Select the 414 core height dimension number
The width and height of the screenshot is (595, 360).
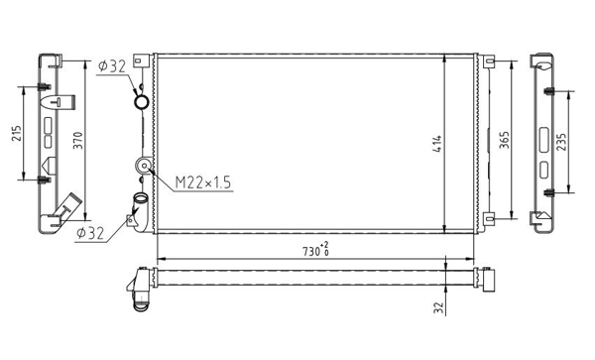click(437, 144)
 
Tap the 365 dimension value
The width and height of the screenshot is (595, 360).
click(505, 140)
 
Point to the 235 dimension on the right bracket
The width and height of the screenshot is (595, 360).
click(561, 142)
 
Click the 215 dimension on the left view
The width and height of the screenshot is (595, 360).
click(16, 133)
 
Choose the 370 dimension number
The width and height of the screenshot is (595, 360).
click(77, 140)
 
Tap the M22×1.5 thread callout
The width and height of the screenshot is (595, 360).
click(203, 182)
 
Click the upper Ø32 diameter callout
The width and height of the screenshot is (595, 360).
click(111, 66)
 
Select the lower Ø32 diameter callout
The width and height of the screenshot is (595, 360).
click(90, 233)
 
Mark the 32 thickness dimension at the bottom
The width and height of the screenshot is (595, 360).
click(438, 307)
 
